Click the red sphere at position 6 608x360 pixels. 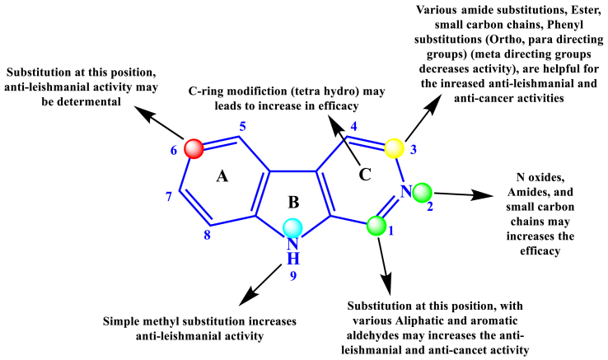[194, 149]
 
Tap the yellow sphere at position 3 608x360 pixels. [395, 148]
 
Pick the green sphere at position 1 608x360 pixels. [376, 225]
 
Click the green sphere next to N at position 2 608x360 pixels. [423, 193]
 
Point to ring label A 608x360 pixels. [222, 175]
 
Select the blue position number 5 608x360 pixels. [242, 127]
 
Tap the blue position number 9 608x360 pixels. [292, 276]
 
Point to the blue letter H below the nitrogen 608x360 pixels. [293, 259]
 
